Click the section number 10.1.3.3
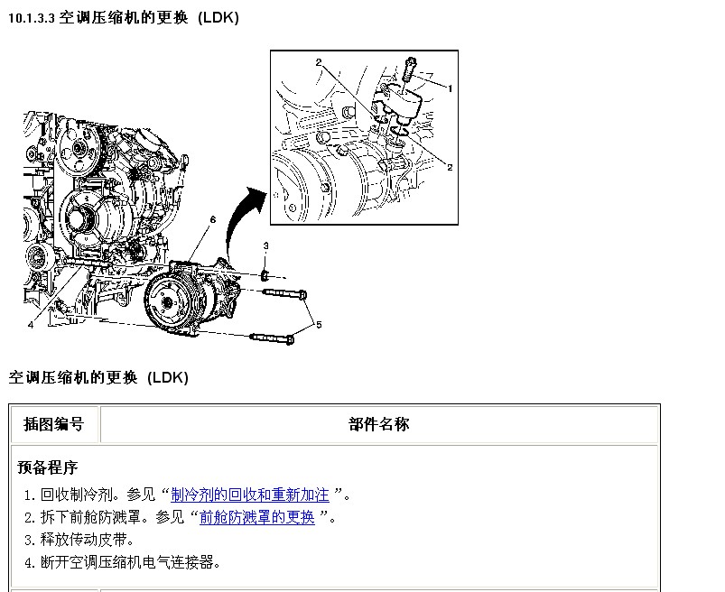(32, 18)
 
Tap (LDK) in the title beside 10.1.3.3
(218, 18)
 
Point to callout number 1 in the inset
(450, 88)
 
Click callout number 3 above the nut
(265, 245)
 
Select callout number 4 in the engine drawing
(31, 325)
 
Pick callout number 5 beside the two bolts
(319, 325)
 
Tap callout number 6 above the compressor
(213, 219)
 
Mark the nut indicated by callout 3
(265, 276)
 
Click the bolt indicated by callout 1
(410, 70)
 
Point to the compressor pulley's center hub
(167, 303)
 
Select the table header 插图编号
(53, 424)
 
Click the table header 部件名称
(379, 424)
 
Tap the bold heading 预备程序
(47, 467)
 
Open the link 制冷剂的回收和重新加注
(250, 495)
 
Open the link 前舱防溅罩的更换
(257, 517)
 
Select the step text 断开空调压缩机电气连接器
(127, 562)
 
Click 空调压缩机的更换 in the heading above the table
(73, 377)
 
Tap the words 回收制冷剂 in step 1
(77, 495)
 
